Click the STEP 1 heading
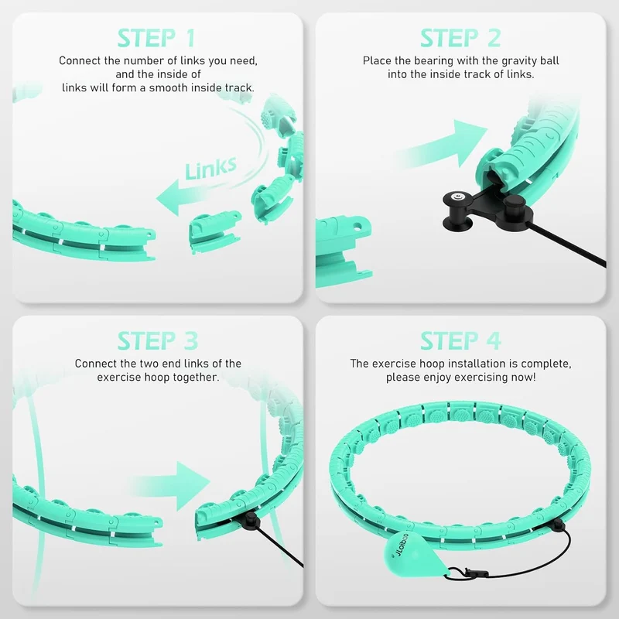click(x=157, y=38)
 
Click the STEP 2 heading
click(x=460, y=38)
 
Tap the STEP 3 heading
click(x=158, y=340)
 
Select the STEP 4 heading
click(x=460, y=340)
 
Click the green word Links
click(x=210, y=168)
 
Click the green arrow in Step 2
click(x=442, y=145)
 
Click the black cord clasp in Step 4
click(x=470, y=572)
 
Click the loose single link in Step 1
click(x=214, y=231)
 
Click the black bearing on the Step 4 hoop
click(x=557, y=525)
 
